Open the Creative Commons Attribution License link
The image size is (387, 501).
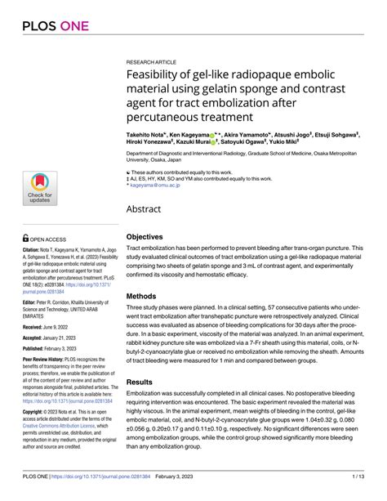[x=49, y=427]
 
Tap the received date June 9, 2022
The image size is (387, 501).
[x=56, y=327]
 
